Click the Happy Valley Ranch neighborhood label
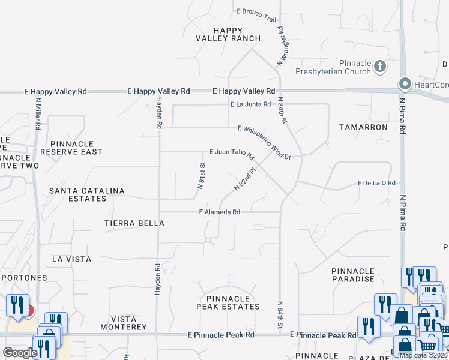coord(228,34)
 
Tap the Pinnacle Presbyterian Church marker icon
coord(379,65)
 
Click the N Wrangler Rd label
coord(280,46)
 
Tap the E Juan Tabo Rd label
coord(232,154)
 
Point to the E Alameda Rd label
coord(220,212)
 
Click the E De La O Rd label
coord(376,183)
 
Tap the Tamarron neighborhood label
coord(363,127)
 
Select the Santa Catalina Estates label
coord(87,194)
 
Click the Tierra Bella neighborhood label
coord(134,223)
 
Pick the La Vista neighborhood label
coord(72,259)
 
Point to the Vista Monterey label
coord(128,323)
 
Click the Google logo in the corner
coord(20,353)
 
